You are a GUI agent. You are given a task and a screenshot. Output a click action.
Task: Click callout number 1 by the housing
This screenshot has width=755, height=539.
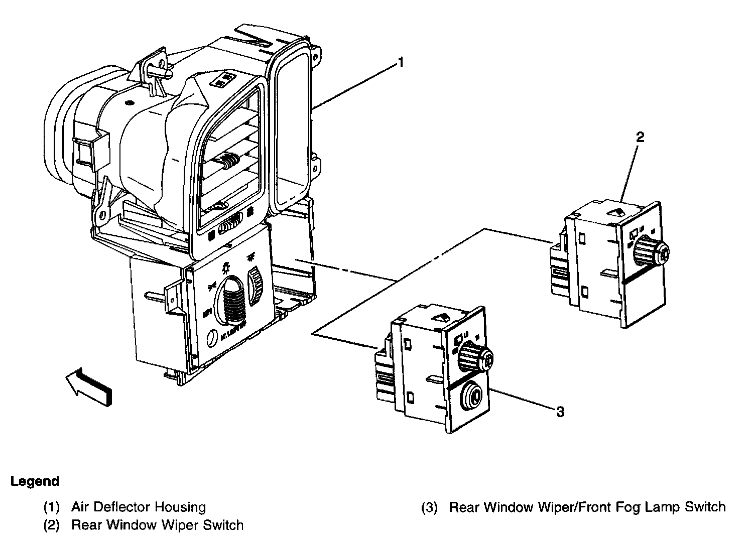click(400, 62)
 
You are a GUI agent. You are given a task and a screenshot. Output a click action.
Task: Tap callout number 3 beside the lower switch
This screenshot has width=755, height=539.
click(560, 412)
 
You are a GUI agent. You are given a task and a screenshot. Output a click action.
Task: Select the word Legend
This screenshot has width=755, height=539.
click(35, 481)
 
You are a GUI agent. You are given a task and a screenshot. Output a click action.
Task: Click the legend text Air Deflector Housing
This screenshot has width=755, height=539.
click(139, 507)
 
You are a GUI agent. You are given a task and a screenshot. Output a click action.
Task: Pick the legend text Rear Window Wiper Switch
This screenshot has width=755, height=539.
click(157, 525)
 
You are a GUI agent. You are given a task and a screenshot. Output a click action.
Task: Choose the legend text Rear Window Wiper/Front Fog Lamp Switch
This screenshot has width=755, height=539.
click(587, 507)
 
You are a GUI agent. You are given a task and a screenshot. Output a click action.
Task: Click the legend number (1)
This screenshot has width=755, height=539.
click(52, 507)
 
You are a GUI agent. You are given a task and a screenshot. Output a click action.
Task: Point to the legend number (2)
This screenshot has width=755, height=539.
click(52, 525)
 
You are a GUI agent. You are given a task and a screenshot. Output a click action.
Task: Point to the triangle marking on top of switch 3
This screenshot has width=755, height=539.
click(441, 317)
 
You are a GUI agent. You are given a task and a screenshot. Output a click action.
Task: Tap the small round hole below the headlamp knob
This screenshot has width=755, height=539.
click(212, 337)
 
